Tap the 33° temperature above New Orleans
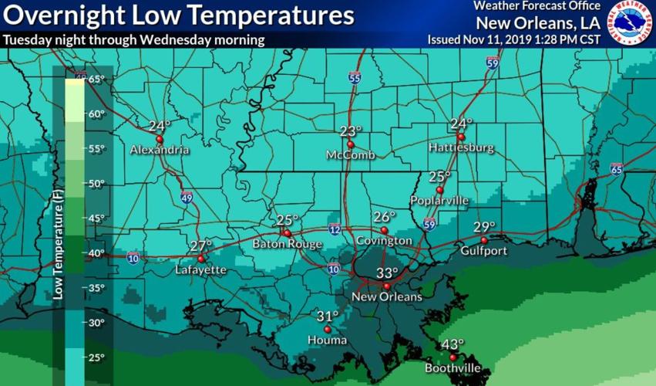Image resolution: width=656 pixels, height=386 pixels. (387, 273)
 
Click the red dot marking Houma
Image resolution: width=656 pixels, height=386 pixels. (327, 328)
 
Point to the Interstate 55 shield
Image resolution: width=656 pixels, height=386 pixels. (354, 78)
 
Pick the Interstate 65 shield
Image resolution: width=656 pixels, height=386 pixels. (615, 169)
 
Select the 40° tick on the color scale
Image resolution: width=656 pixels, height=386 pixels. (95, 253)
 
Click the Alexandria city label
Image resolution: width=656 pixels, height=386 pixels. (160, 150)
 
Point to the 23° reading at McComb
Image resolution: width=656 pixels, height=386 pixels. (352, 131)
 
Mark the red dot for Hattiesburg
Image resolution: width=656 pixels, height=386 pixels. (460, 137)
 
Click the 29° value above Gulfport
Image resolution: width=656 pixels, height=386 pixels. (484, 227)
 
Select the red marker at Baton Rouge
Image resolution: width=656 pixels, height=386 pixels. (286, 232)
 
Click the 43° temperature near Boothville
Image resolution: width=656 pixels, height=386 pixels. (453, 344)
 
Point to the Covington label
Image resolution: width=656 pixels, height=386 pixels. (384, 241)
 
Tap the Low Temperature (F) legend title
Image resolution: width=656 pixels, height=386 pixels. (59, 247)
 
